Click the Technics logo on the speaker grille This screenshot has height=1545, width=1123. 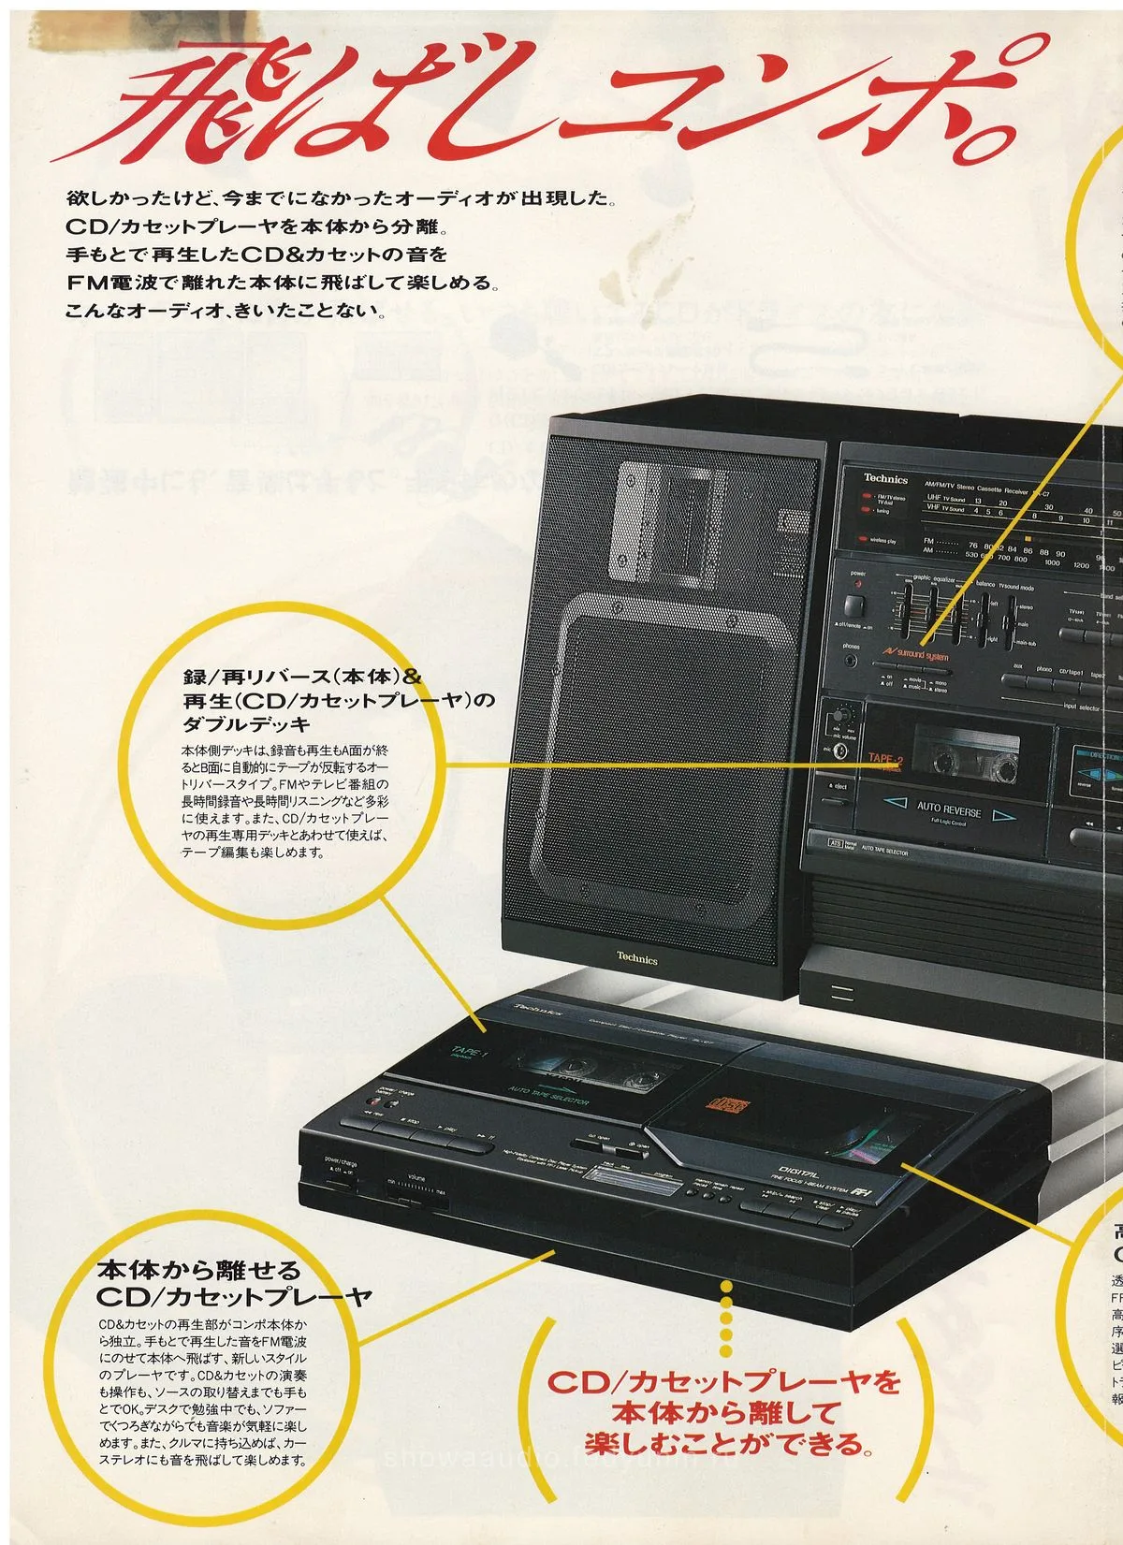pos(636,959)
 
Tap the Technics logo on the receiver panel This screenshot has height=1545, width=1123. pos(885,478)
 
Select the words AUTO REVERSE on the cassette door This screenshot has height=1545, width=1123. pos(948,807)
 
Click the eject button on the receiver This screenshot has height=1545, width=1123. pos(836,787)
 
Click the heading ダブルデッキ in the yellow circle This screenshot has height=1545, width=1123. pos(246,724)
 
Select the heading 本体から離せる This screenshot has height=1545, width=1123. pos(200,1270)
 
